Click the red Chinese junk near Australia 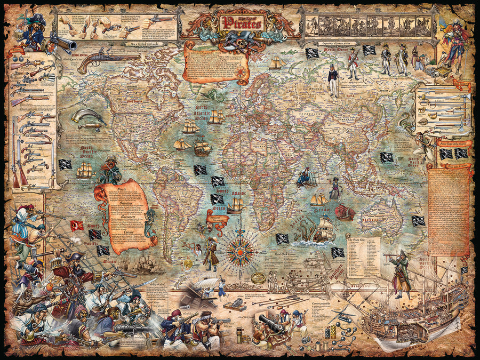coord(345,212)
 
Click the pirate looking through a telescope coord(401,272)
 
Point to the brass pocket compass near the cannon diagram coord(258,278)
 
